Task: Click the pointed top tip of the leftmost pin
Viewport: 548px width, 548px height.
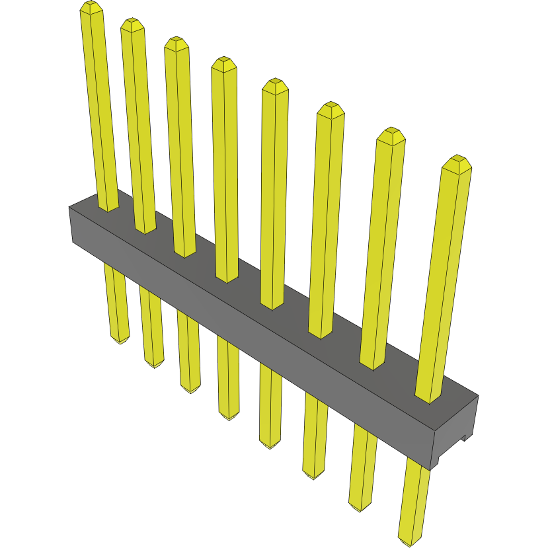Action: click(91, 7)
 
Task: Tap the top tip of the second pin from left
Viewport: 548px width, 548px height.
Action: click(132, 24)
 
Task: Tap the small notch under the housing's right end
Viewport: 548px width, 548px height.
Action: click(465, 436)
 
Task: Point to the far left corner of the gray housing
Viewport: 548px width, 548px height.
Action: click(70, 208)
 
